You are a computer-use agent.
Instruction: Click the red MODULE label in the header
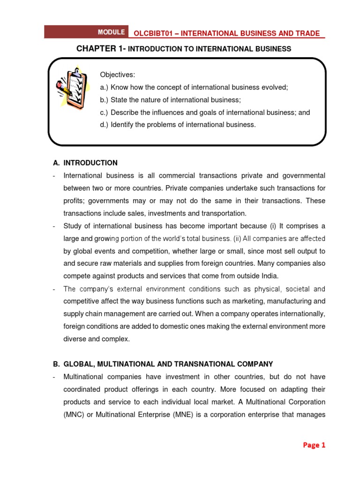pos(111,32)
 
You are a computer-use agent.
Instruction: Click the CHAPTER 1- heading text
pos(101,49)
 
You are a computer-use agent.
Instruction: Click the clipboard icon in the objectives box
pos(71,86)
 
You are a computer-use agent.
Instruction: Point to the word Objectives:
pos(117,75)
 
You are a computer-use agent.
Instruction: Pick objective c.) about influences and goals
pos(205,112)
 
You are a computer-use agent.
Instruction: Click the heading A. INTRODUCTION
pos(85,163)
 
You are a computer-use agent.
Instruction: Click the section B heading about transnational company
pos(163,364)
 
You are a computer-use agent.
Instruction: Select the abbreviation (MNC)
pos(74,414)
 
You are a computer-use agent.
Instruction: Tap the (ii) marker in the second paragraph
pos(237,239)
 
